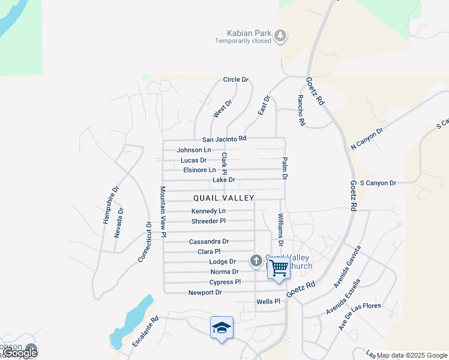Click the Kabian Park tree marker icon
coord(280,37)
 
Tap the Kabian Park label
coord(244,33)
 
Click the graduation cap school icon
coord(221,328)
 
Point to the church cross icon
coord(256,260)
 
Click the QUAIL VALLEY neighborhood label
coord(224,198)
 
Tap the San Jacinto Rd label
coord(224,138)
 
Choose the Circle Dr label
coord(235,80)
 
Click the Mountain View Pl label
coord(163,212)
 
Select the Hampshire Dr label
coord(110,204)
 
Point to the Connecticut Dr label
coord(145,242)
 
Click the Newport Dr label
coord(205,293)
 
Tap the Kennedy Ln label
coord(208,211)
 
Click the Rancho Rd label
coord(301,110)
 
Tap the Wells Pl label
coord(268,301)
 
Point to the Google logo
coord(20,353)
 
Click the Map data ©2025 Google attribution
coord(412,355)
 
